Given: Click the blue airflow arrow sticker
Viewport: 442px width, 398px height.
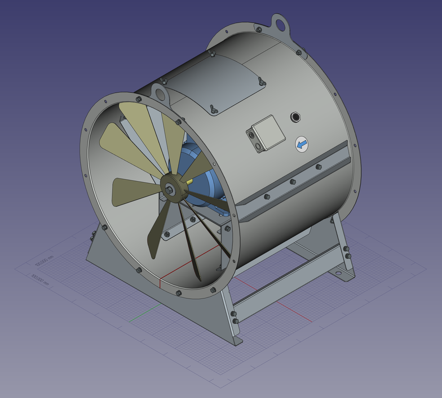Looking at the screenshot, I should [302, 143].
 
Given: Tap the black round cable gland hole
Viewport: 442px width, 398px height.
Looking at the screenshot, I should [296, 116].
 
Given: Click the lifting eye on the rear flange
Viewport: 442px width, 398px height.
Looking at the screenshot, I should [280, 23].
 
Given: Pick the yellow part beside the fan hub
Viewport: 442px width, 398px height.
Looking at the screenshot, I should [189, 180].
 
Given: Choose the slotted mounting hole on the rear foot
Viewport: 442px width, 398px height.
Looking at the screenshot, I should [338, 272].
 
